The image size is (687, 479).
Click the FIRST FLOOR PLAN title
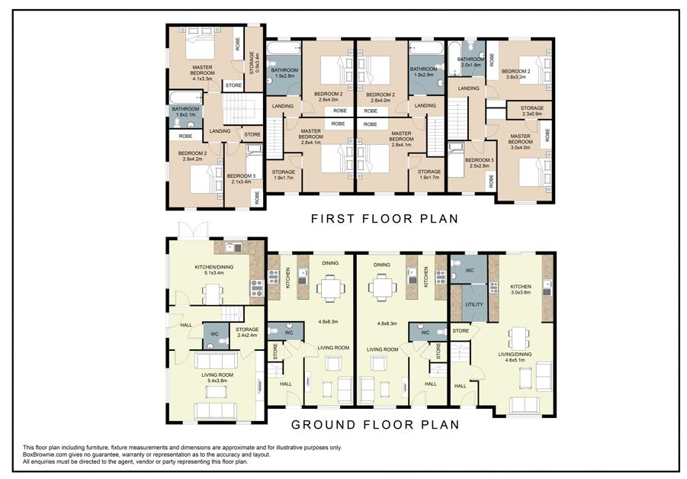[x=384, y=218]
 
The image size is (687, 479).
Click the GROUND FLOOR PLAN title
[x=375, y=424]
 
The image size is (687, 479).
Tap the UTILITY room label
[x=474, y=304]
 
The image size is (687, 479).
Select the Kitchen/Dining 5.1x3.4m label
[x=213, y=269]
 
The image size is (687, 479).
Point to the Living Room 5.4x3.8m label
[x=217, y=378]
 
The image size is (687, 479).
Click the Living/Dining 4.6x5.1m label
[x=515, y=357]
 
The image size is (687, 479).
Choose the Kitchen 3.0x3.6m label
[x=521, y=289]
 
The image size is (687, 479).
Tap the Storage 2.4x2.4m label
[x=247, y=333]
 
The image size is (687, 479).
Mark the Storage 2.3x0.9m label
[x=532, y=111]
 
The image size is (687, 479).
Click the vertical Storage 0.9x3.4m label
[x=255, y=63]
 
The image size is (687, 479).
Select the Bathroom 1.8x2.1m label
[x=185, y=111]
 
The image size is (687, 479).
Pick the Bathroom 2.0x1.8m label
[x=470, y=62]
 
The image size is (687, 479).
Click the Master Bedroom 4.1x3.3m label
[x=202, y=73]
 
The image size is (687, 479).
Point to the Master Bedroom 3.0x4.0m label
[x=520, y=142]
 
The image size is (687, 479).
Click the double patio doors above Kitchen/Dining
[x=193, y=230]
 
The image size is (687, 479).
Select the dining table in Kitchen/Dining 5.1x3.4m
[x=213, y=294]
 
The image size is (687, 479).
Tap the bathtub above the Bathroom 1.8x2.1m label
[x=186, y=98]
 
